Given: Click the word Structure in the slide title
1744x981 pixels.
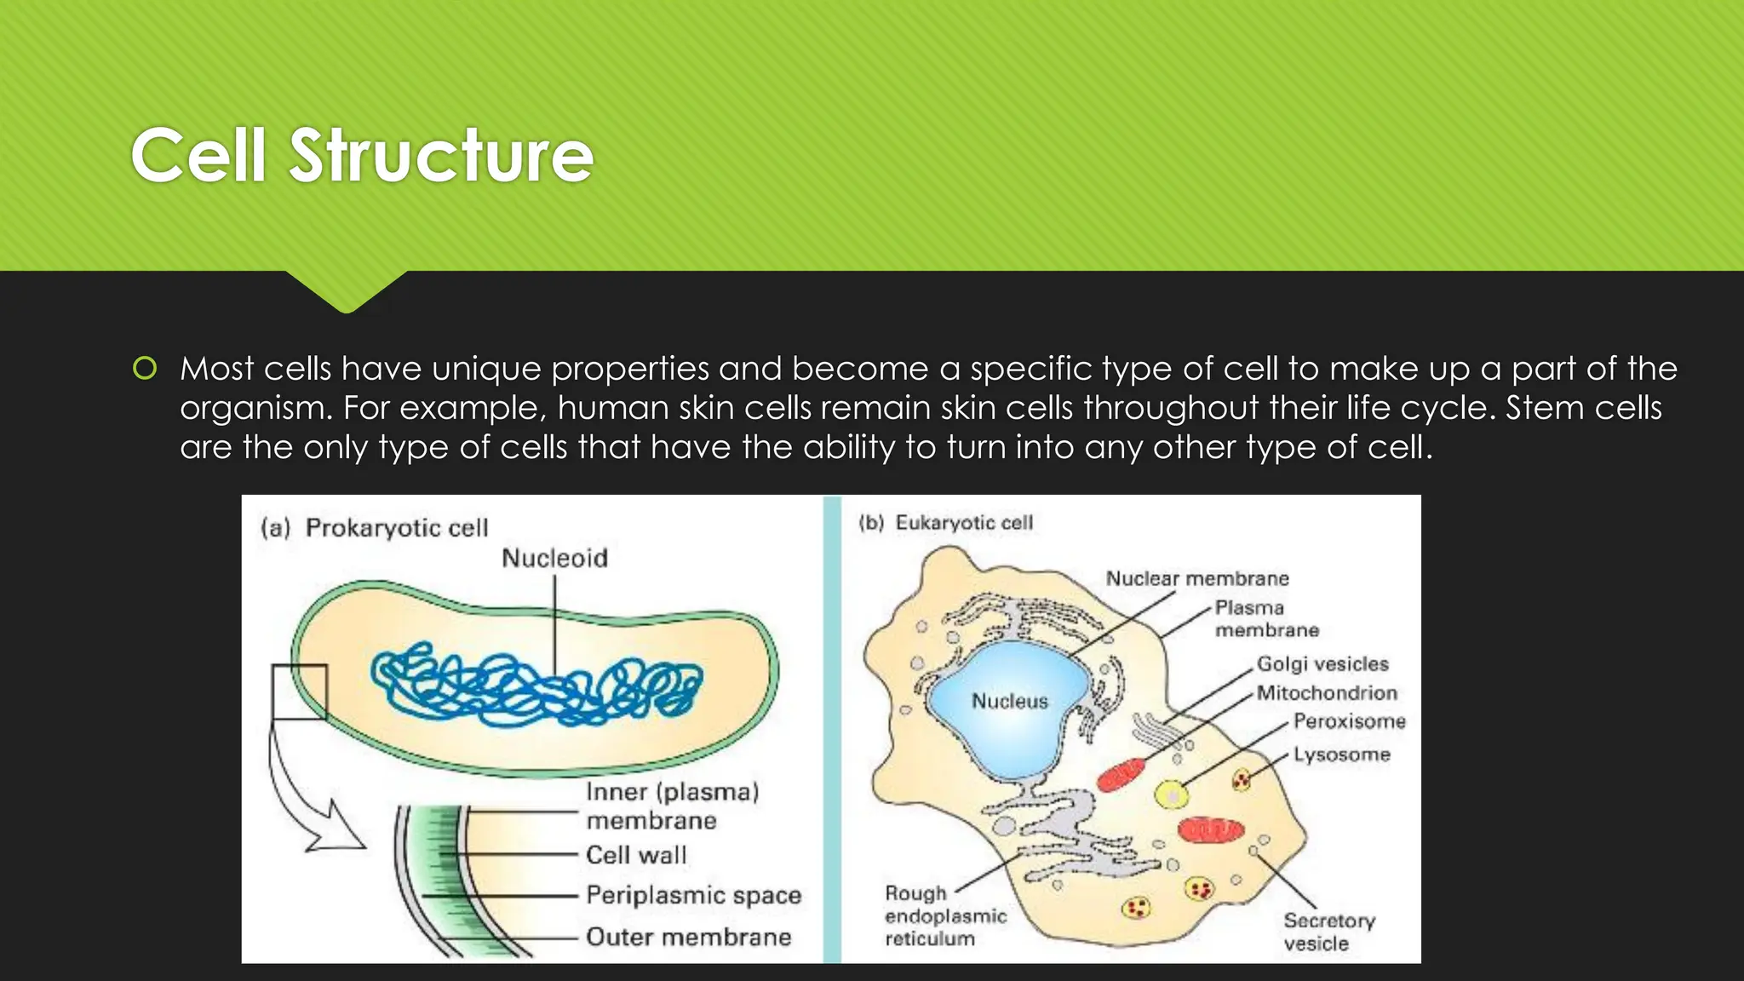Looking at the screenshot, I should (x=441, y=155).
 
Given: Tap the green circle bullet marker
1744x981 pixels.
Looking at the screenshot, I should (x=145, y=369).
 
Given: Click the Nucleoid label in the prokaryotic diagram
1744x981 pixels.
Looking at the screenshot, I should (x=554, y=559).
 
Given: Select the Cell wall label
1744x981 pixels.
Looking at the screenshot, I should (x=636, y=855).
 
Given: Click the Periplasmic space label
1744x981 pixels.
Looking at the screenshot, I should (x=693, y=895).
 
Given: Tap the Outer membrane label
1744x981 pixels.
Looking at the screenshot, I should (x=688, y=937).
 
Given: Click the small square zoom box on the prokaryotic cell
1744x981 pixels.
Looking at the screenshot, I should (x=299, y=691).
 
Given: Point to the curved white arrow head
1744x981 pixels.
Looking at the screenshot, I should (x=341, y=830).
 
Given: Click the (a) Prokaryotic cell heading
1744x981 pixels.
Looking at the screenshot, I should (x=375, y=528).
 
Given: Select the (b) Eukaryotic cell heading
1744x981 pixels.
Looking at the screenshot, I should (x=945, y=523).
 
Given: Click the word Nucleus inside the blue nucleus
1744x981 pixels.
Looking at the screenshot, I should (x=1010, y=701).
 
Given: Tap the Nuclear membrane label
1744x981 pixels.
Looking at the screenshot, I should (x=1197, y=578).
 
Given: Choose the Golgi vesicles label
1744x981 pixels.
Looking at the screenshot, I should (x=1322, y=663).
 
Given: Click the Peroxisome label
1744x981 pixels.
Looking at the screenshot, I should (x=1349, y=721).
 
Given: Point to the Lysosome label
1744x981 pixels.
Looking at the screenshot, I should (x=1341, y=754).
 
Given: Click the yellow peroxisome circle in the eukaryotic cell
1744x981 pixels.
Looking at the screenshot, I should (x=1172, y=795).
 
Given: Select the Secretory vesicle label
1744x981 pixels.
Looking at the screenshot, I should (x=1328, y=932).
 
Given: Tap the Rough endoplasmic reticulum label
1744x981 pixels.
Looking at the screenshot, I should (x=944, y=916).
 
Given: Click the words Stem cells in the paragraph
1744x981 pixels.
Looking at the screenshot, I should (x=1583, y=408).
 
